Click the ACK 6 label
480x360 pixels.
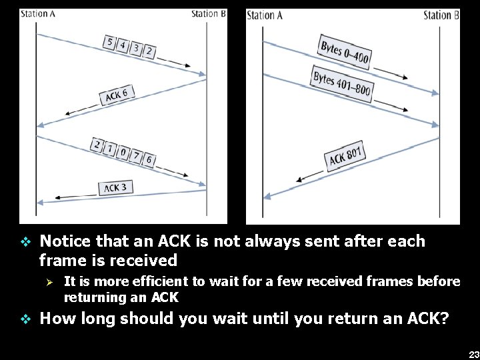point(116,95)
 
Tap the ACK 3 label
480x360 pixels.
point(115,188)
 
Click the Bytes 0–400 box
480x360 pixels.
point(344,51)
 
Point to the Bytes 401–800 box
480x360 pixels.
point(343,85)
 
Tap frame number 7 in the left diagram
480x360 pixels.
point(137,156)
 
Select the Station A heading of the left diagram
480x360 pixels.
point(38,13)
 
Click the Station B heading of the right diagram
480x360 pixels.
point(441,15)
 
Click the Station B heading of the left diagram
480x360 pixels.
point(209,13)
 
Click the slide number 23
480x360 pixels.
point(473,355)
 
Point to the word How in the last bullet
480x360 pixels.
point(57,319)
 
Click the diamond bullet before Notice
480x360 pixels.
point(25,241)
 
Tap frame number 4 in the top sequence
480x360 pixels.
point(122,45)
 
